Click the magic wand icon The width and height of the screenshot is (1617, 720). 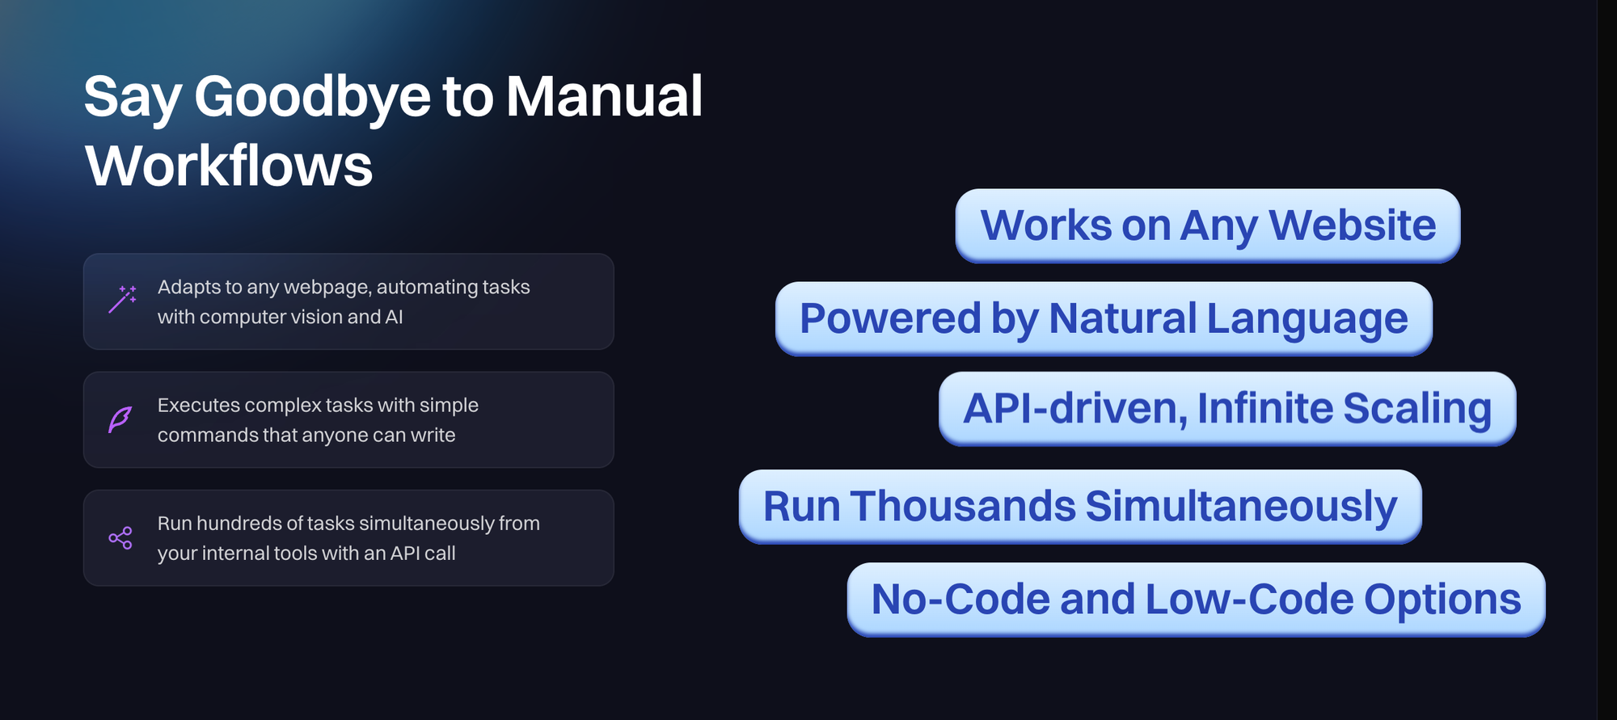[122, 299]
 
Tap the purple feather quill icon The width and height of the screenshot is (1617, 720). [120, 419]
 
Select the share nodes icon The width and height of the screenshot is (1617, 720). [120, 538]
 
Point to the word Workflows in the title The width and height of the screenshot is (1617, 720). [229, 166]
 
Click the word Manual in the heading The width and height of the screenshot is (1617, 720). [604, 96]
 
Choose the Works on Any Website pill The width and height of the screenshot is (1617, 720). [1208, 225]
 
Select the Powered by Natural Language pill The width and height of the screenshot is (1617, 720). [1104, 318]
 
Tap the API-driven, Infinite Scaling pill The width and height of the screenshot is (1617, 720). [1227, 408]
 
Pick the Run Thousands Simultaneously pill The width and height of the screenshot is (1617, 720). [1080, 507]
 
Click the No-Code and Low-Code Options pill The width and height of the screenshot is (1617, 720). [1196, 600]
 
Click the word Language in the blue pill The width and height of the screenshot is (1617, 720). [1307, 320]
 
